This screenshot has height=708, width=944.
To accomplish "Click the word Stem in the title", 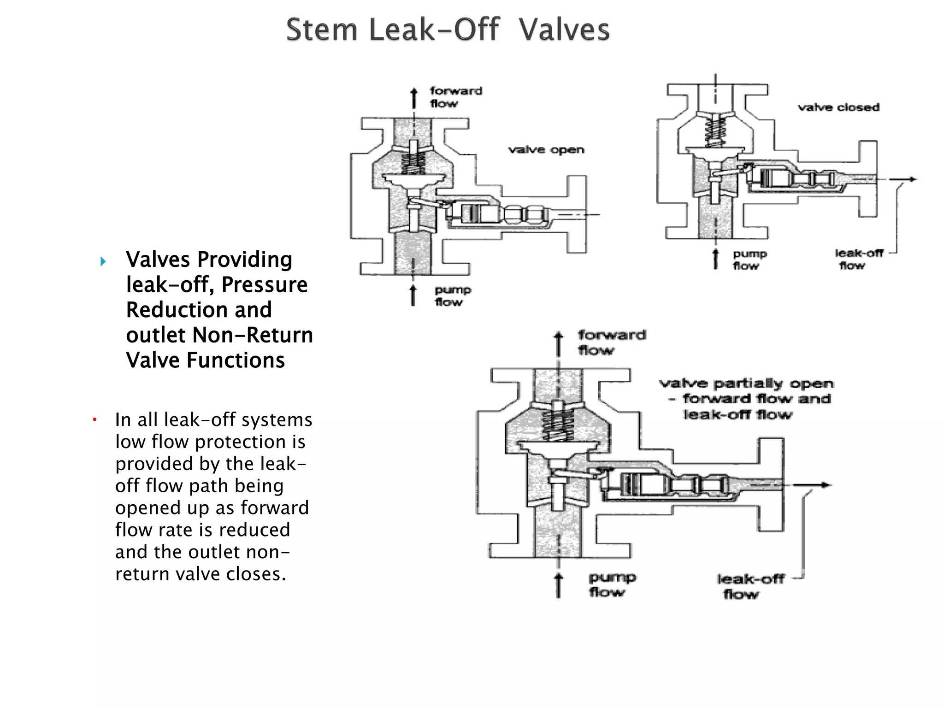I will click(321, 29).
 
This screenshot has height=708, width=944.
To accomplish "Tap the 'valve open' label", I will click(546, 150).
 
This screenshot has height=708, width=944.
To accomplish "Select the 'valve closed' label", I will click(838, 107).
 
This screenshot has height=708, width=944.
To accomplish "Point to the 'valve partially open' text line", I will click(746, 383).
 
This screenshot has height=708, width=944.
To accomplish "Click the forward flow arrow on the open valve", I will click(414, 98).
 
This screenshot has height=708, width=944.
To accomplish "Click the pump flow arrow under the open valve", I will click(413, 295).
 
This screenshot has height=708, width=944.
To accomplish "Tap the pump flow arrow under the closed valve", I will click(715, 259).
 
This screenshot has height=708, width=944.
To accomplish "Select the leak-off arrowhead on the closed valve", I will click(912, 179).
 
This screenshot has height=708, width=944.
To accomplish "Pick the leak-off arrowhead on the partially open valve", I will click(825, 485).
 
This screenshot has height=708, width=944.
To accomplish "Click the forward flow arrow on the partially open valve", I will click(559, 344).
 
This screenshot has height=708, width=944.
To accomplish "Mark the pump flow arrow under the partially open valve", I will click(559, 585).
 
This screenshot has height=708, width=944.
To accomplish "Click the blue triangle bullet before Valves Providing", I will click(103, 262).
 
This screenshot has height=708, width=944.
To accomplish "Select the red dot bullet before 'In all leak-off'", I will click(94, 420).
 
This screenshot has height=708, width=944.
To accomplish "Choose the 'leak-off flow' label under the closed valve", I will click(858, 259).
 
